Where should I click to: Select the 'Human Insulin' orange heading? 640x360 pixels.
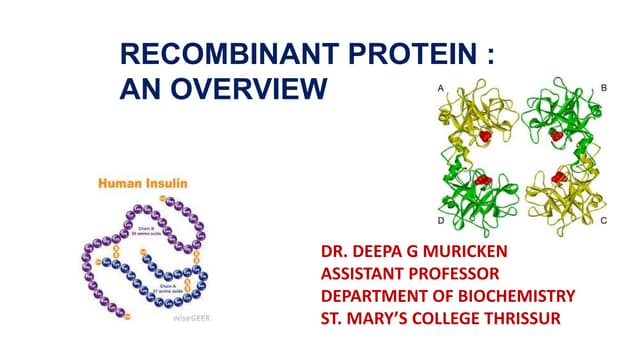pos(142,184)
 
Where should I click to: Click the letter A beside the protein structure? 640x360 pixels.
pos(441,89)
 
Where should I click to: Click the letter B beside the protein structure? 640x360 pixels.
pos(604,89)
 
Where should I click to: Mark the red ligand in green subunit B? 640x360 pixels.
pos(555,134)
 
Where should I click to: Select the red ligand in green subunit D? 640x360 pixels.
pos(485,180)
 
